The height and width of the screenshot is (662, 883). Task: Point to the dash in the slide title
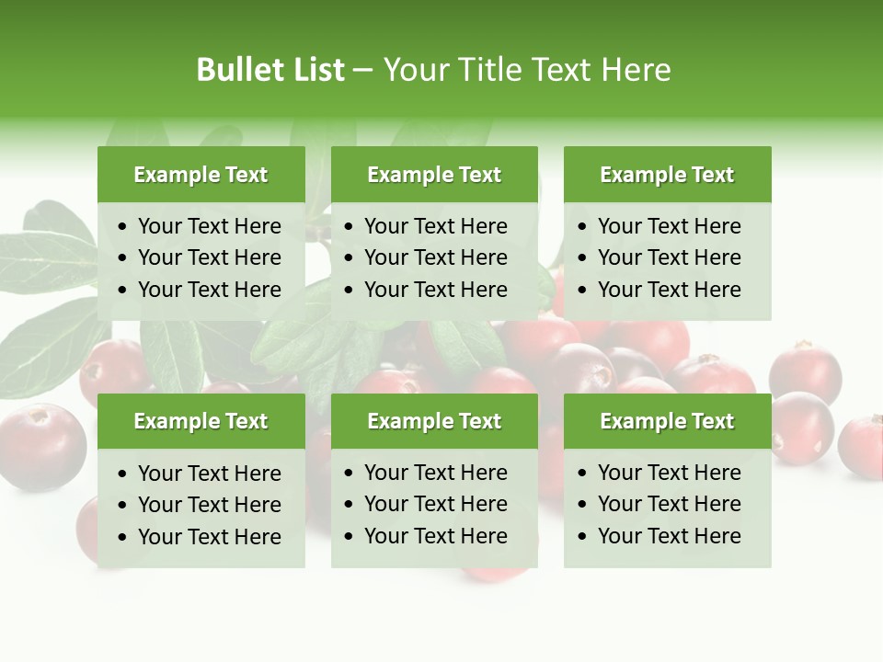coord(362,71)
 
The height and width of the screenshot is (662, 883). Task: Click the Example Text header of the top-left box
coord(201,175)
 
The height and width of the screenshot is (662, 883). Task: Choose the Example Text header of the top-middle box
coord(434,175)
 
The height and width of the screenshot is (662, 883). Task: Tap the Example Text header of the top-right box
coord(667,175)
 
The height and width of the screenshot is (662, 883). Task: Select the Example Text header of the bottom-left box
coord(201,421)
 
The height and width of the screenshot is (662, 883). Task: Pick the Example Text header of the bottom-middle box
coord(434,421)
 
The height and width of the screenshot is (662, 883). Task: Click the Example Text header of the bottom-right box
coord(667,421)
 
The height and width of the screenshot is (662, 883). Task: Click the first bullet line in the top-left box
coord(209,226)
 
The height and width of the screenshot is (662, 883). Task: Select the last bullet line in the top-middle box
coord(435,290)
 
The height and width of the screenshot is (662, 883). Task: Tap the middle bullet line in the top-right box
coord(669,257)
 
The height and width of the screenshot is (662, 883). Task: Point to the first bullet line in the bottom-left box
coord(209,474)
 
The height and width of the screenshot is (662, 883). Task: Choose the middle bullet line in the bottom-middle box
coord(435,504)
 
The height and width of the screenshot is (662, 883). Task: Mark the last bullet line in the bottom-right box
coord(669,536)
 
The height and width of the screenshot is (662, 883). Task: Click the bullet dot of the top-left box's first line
coord(123,227)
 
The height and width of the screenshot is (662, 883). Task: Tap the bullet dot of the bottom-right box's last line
coord(583,537)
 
